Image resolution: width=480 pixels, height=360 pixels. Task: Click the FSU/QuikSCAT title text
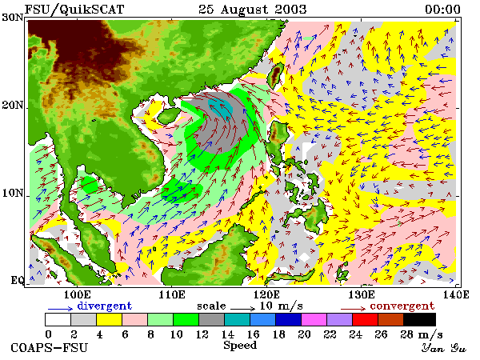point(74,9)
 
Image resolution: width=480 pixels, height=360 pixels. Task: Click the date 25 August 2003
point(253,9)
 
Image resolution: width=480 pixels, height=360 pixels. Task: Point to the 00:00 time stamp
point(442,9)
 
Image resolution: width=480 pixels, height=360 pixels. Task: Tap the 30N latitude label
point(12,18)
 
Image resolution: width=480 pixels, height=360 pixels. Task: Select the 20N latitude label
point(12,106)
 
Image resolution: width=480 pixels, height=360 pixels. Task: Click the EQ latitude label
point(17,280)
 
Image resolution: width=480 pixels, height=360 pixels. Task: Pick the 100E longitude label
point(77,294)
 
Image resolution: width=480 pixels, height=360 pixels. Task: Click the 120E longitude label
point(266,294)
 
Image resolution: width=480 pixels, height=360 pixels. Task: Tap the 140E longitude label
point(456,294)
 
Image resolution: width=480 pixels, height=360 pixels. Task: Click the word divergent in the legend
point(104,306)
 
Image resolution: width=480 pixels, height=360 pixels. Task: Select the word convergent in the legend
point(402,306)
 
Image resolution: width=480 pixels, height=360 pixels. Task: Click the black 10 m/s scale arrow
point(242,309)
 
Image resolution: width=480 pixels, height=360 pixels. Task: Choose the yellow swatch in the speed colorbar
point(110,319)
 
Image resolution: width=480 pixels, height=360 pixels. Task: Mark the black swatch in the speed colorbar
point(419,319)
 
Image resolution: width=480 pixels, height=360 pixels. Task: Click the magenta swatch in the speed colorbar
point(314,319)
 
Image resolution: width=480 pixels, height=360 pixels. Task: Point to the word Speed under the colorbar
point(240,346)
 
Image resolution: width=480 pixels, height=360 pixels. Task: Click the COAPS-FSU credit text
point(49,348)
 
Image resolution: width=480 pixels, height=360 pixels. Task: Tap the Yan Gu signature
point(443,348)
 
